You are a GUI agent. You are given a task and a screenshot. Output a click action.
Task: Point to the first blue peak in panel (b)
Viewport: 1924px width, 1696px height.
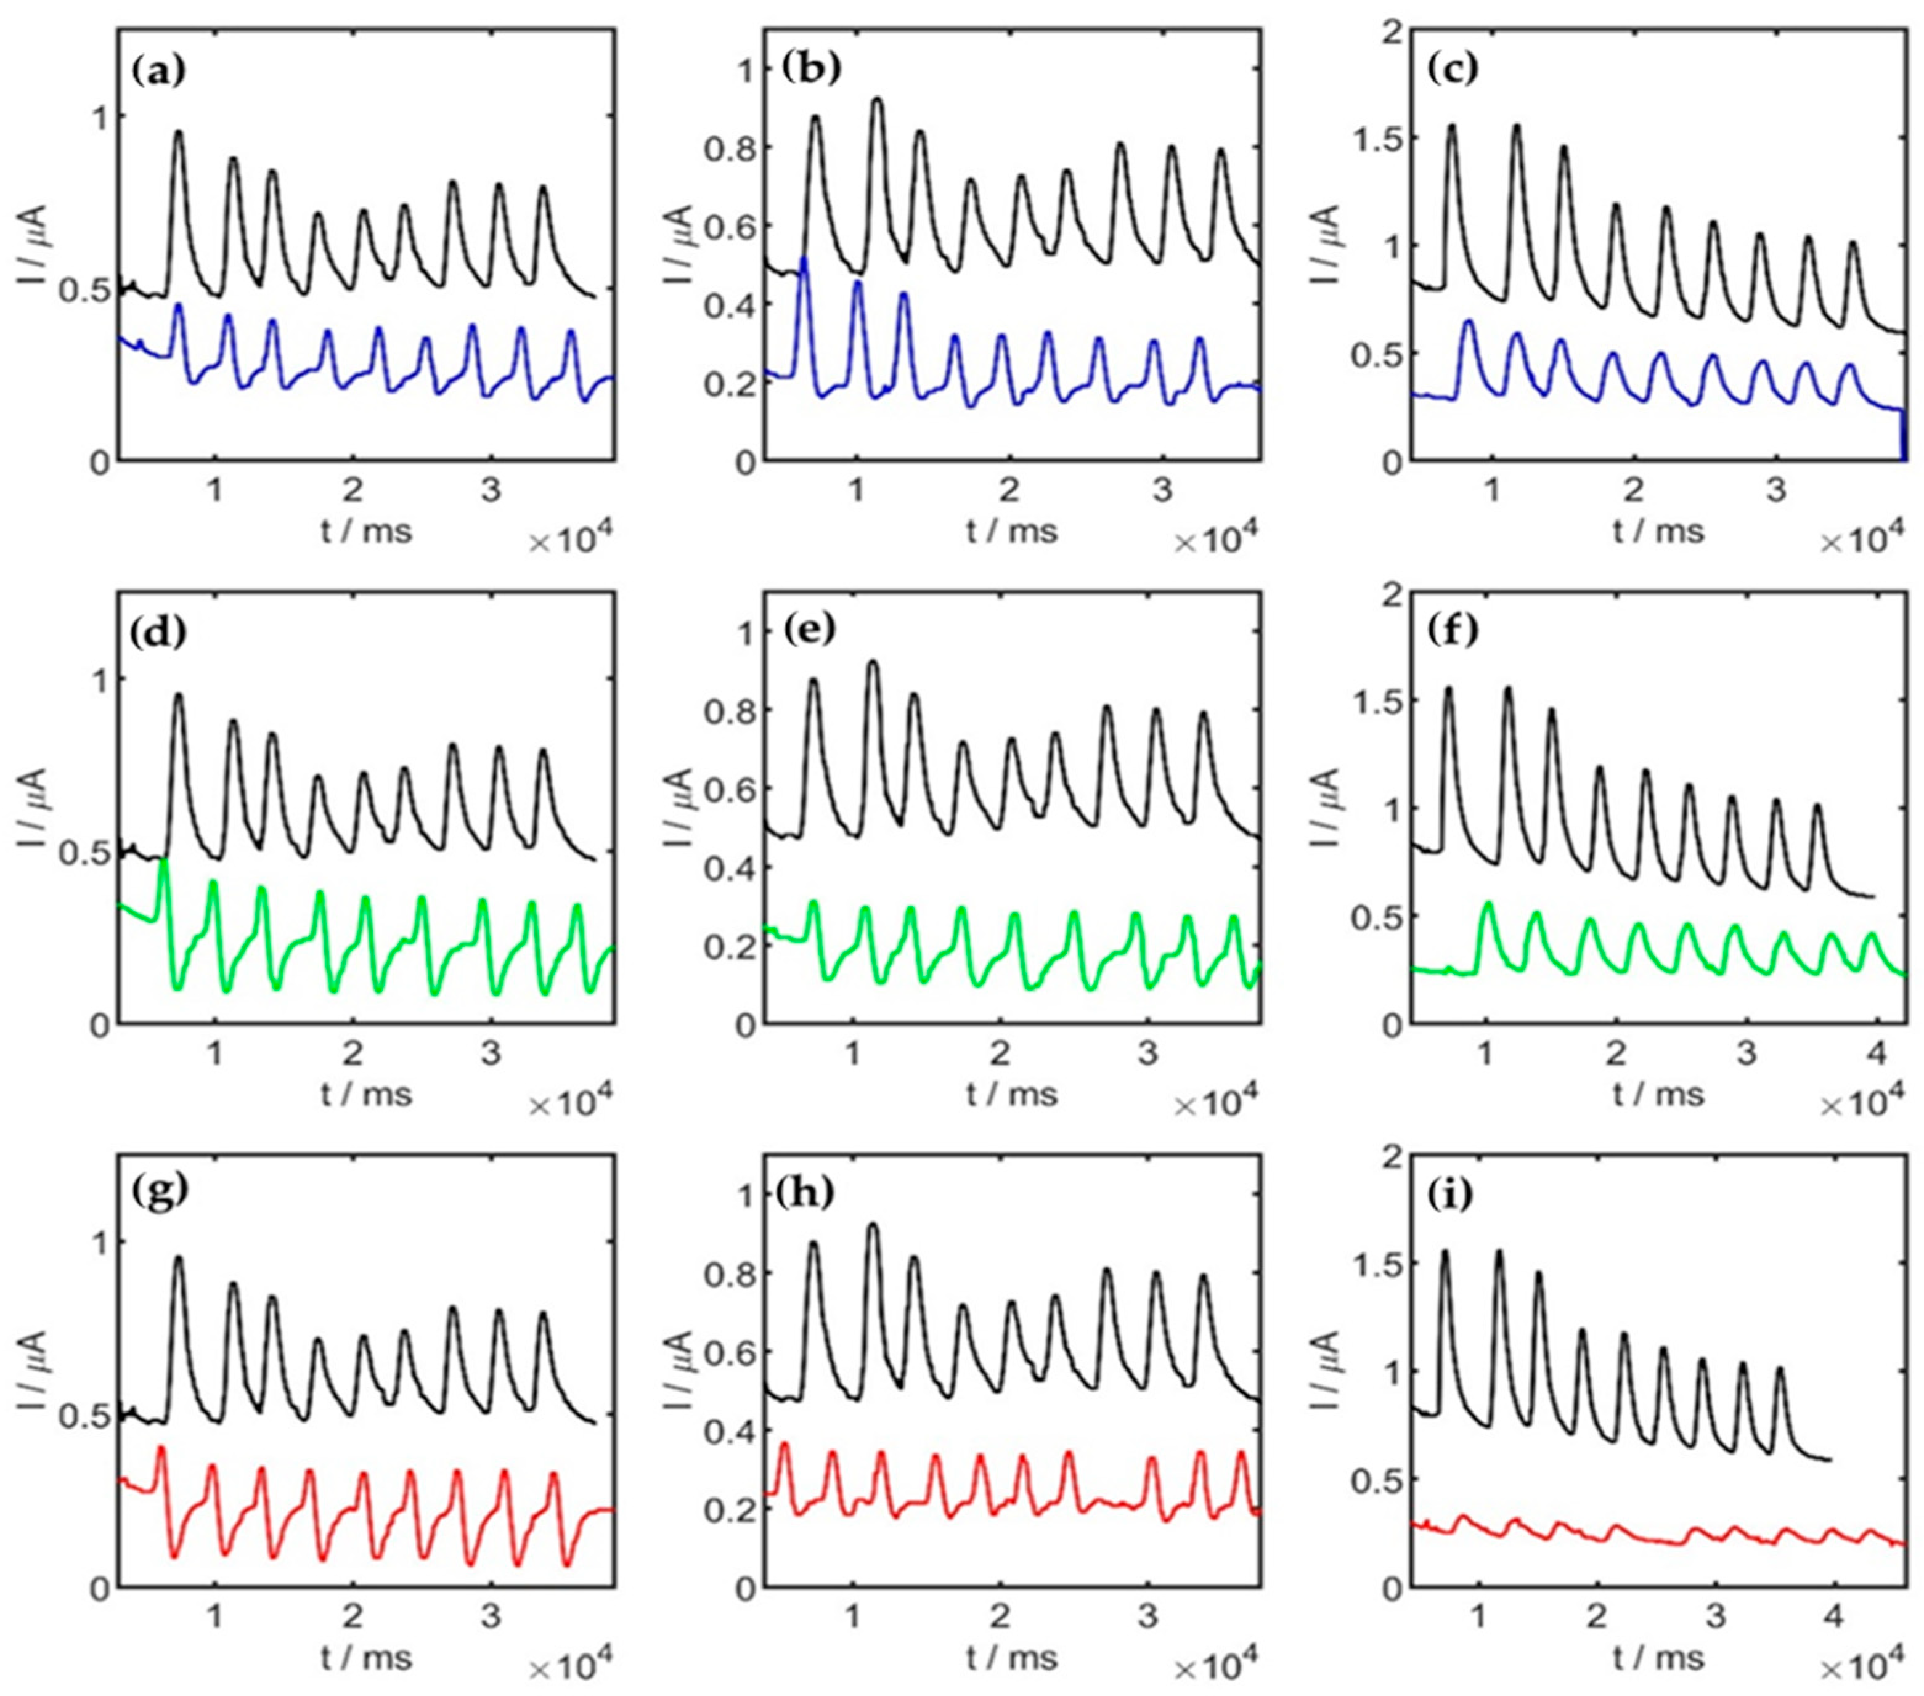[804, 258]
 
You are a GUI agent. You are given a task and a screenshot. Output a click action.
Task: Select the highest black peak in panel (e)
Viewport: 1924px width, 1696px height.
[873, 662]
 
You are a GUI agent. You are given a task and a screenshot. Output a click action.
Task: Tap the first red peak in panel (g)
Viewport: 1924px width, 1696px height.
[161, 1448]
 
